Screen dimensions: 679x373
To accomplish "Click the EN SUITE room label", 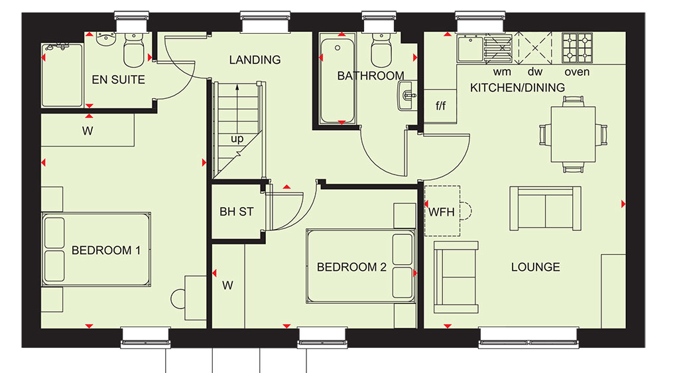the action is tap(118, 80).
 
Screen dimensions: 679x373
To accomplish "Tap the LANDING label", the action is tap(255, 60).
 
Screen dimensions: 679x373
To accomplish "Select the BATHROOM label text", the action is tap(371, 76).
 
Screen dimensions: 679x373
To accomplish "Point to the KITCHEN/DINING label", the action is tap(517, 88).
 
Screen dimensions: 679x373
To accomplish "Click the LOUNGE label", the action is tap(536, 267).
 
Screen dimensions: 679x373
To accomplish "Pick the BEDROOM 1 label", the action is tap(106, 250).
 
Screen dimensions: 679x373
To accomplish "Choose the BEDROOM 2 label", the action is tap(351, 267).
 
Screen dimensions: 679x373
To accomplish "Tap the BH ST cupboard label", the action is tap(237, 212).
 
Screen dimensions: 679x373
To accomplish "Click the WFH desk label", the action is tap(442, 212).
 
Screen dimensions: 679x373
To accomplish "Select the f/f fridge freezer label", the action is tap(440, 105).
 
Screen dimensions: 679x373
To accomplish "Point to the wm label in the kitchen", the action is tap(502, 72).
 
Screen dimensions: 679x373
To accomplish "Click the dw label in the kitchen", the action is tap(535, 72).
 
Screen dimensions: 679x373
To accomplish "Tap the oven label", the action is tap(577, 72).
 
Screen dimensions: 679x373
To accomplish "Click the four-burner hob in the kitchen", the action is tap(578, 48).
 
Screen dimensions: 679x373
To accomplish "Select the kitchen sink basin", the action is tap(470, 48).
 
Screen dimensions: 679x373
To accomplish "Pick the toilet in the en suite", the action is tap(134, 50).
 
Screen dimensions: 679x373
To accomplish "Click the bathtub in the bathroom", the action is tap(338, 80).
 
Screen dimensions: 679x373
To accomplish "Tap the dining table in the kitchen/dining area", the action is tap(573, 134).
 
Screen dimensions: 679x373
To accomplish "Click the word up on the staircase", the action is tap(237, 139).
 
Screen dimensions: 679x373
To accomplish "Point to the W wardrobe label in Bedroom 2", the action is tap(228, 285).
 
